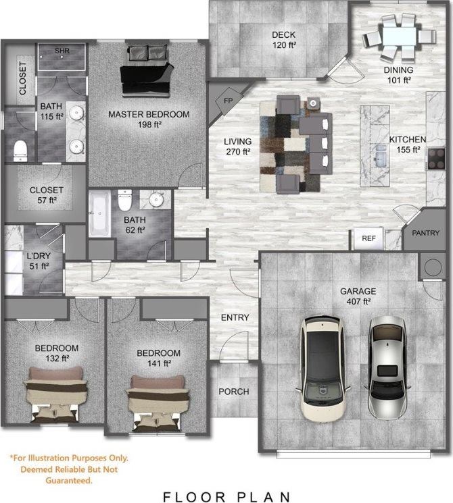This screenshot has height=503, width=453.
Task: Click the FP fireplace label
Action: [226, 101]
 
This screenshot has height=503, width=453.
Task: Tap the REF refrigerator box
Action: [368, 238]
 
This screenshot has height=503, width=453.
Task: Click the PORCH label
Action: [233, 392]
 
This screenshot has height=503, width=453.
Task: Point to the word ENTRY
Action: [235, 317]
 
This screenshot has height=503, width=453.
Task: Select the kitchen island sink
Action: [379, 159]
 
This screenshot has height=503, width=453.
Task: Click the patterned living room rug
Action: [284, 144]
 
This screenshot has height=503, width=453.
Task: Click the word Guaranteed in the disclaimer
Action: [68, 481]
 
